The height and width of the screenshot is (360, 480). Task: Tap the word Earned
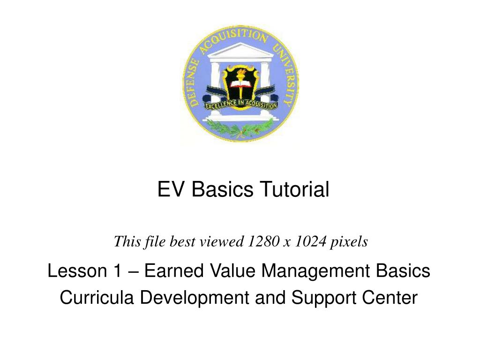171,271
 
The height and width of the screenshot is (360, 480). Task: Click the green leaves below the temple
240,126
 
